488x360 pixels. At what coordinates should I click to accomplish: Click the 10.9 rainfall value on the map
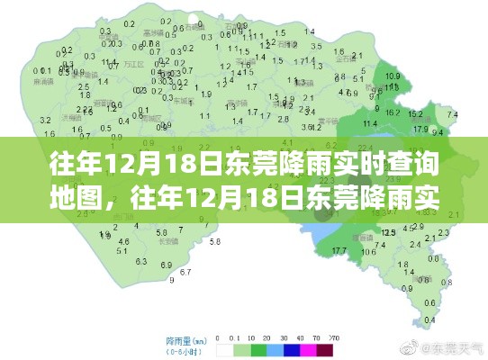tap(393, 76)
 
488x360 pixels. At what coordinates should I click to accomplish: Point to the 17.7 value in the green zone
tap(339, 249)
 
